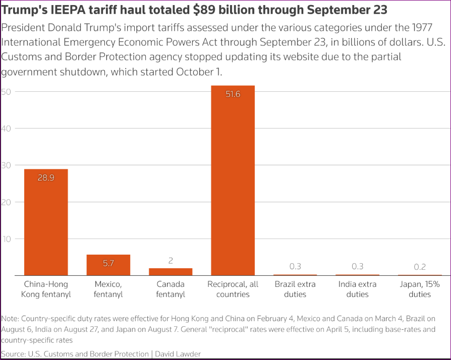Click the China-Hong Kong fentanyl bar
point(46,222)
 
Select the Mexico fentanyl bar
point(108,265)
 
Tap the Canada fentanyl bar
point(171,271)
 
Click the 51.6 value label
point(233,94)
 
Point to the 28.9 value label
point(46,177)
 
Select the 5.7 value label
point(108,263)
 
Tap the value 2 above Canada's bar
point(171,261)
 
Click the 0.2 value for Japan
point(420,267)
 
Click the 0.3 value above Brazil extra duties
point(295,266)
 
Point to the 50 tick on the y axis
point(6,92)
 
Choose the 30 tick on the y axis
point(6,165)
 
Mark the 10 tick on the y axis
point(6,238)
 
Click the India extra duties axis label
point(357,289)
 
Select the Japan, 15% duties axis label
point(420,289)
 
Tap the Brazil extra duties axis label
point(295,289)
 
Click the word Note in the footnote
point(10,319)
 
